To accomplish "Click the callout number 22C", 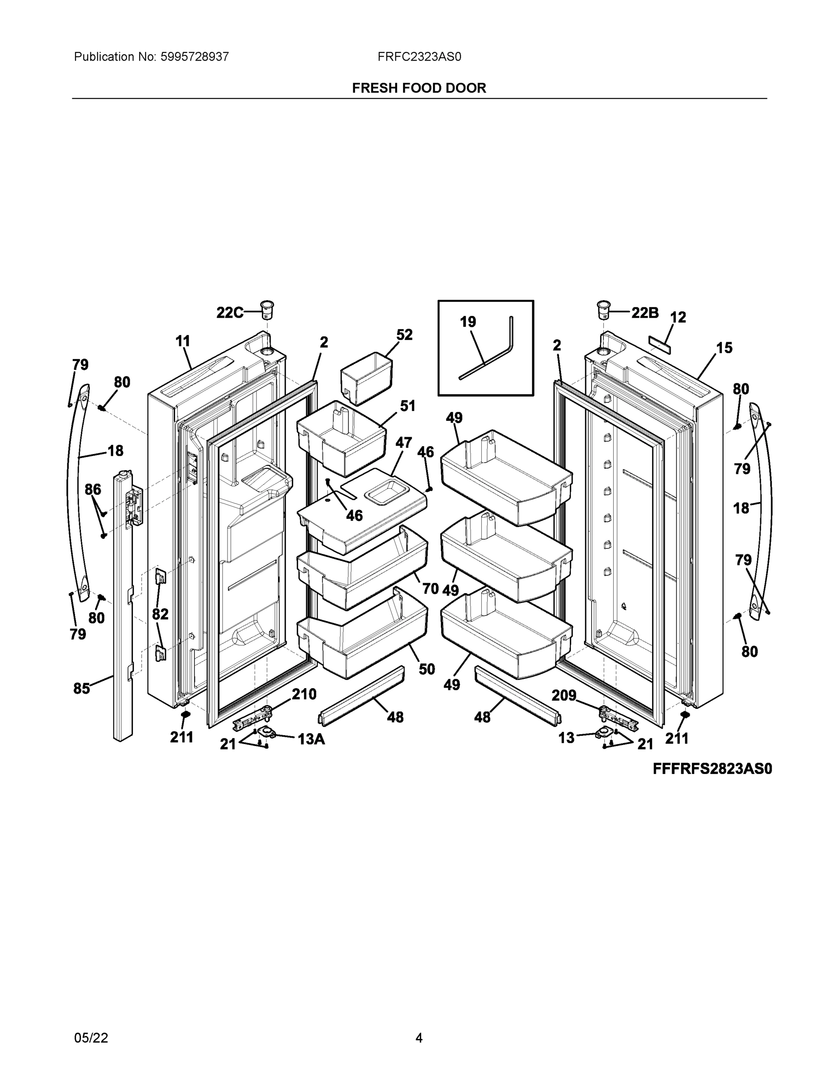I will pos(230,312).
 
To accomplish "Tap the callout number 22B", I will pos(645,312).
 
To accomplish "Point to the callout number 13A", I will pos(311,739).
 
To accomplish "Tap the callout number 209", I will pos(564,695).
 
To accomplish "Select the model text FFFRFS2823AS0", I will pos(712,769).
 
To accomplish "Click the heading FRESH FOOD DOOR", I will pos(419,88).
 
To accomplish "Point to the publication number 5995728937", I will pos(194,57).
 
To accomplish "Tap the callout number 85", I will pos(81,688).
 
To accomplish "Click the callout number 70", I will pos(431,588).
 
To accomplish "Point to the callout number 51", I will pos(408,406).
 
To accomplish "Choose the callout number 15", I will pos(724,348).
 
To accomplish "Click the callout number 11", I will pos(183,341).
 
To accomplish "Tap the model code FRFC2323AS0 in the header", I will pos(419,57).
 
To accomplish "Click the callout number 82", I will pos(160,614).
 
